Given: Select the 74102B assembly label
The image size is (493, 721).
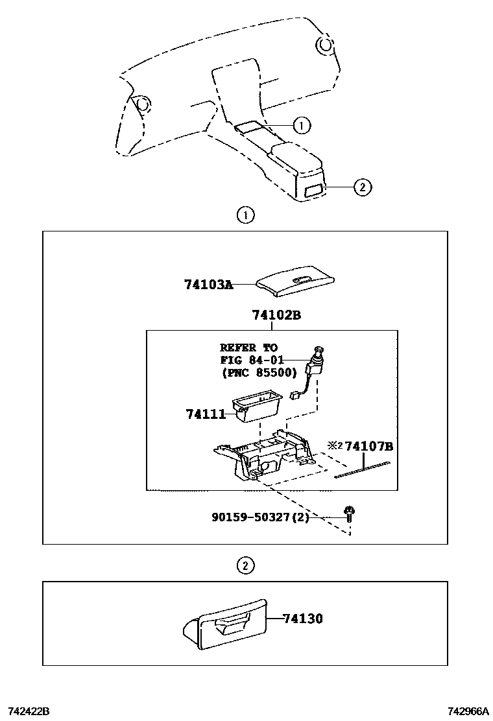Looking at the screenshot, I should pyautogui.click(x=276, y=315).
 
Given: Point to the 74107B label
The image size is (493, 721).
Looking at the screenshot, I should pyautogui.click(x=369, y=447).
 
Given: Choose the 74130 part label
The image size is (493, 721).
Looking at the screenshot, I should pyautogui.click(x=302, y=619).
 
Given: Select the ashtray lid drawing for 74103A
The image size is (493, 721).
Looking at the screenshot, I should pyautogui.click(x=296, y=281).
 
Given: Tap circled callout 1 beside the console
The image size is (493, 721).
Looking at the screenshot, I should pyautogui.click(x=302, y=124).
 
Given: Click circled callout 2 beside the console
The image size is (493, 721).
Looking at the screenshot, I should pyautogui.click(x=362, y=187).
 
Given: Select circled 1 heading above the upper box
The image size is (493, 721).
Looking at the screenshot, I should pyautogui.click(x=245, y=215).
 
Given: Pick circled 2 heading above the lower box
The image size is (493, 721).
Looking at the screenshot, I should pyautogui.click(x=244, y=565).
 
